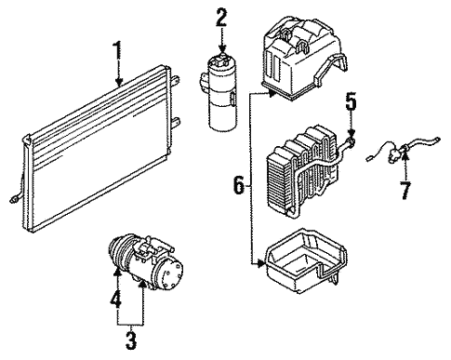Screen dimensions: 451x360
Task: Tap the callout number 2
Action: click(x=221, y=18)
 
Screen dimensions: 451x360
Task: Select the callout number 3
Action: click(x=131, y=340)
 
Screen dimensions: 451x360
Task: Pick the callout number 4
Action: click(x=115, y=298)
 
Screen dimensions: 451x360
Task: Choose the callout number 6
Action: click(x=239, y=185)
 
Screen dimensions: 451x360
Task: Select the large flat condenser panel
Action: click(x=96, y=149)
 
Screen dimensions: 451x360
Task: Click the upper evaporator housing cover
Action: click(x=304, y=58)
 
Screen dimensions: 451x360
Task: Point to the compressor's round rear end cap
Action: click(x=171, y=274)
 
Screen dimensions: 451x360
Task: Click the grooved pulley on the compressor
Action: click(x=120, y=253)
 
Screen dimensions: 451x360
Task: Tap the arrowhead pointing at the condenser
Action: click(x=119, y=82)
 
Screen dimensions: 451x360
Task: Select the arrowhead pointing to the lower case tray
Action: click(x=260, y=264)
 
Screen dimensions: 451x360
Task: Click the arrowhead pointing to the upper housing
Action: click(x=272, y=93)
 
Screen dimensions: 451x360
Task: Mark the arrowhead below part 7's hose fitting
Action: click(x=405, y=155)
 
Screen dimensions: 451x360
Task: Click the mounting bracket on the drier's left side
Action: click(x=204, y=81)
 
